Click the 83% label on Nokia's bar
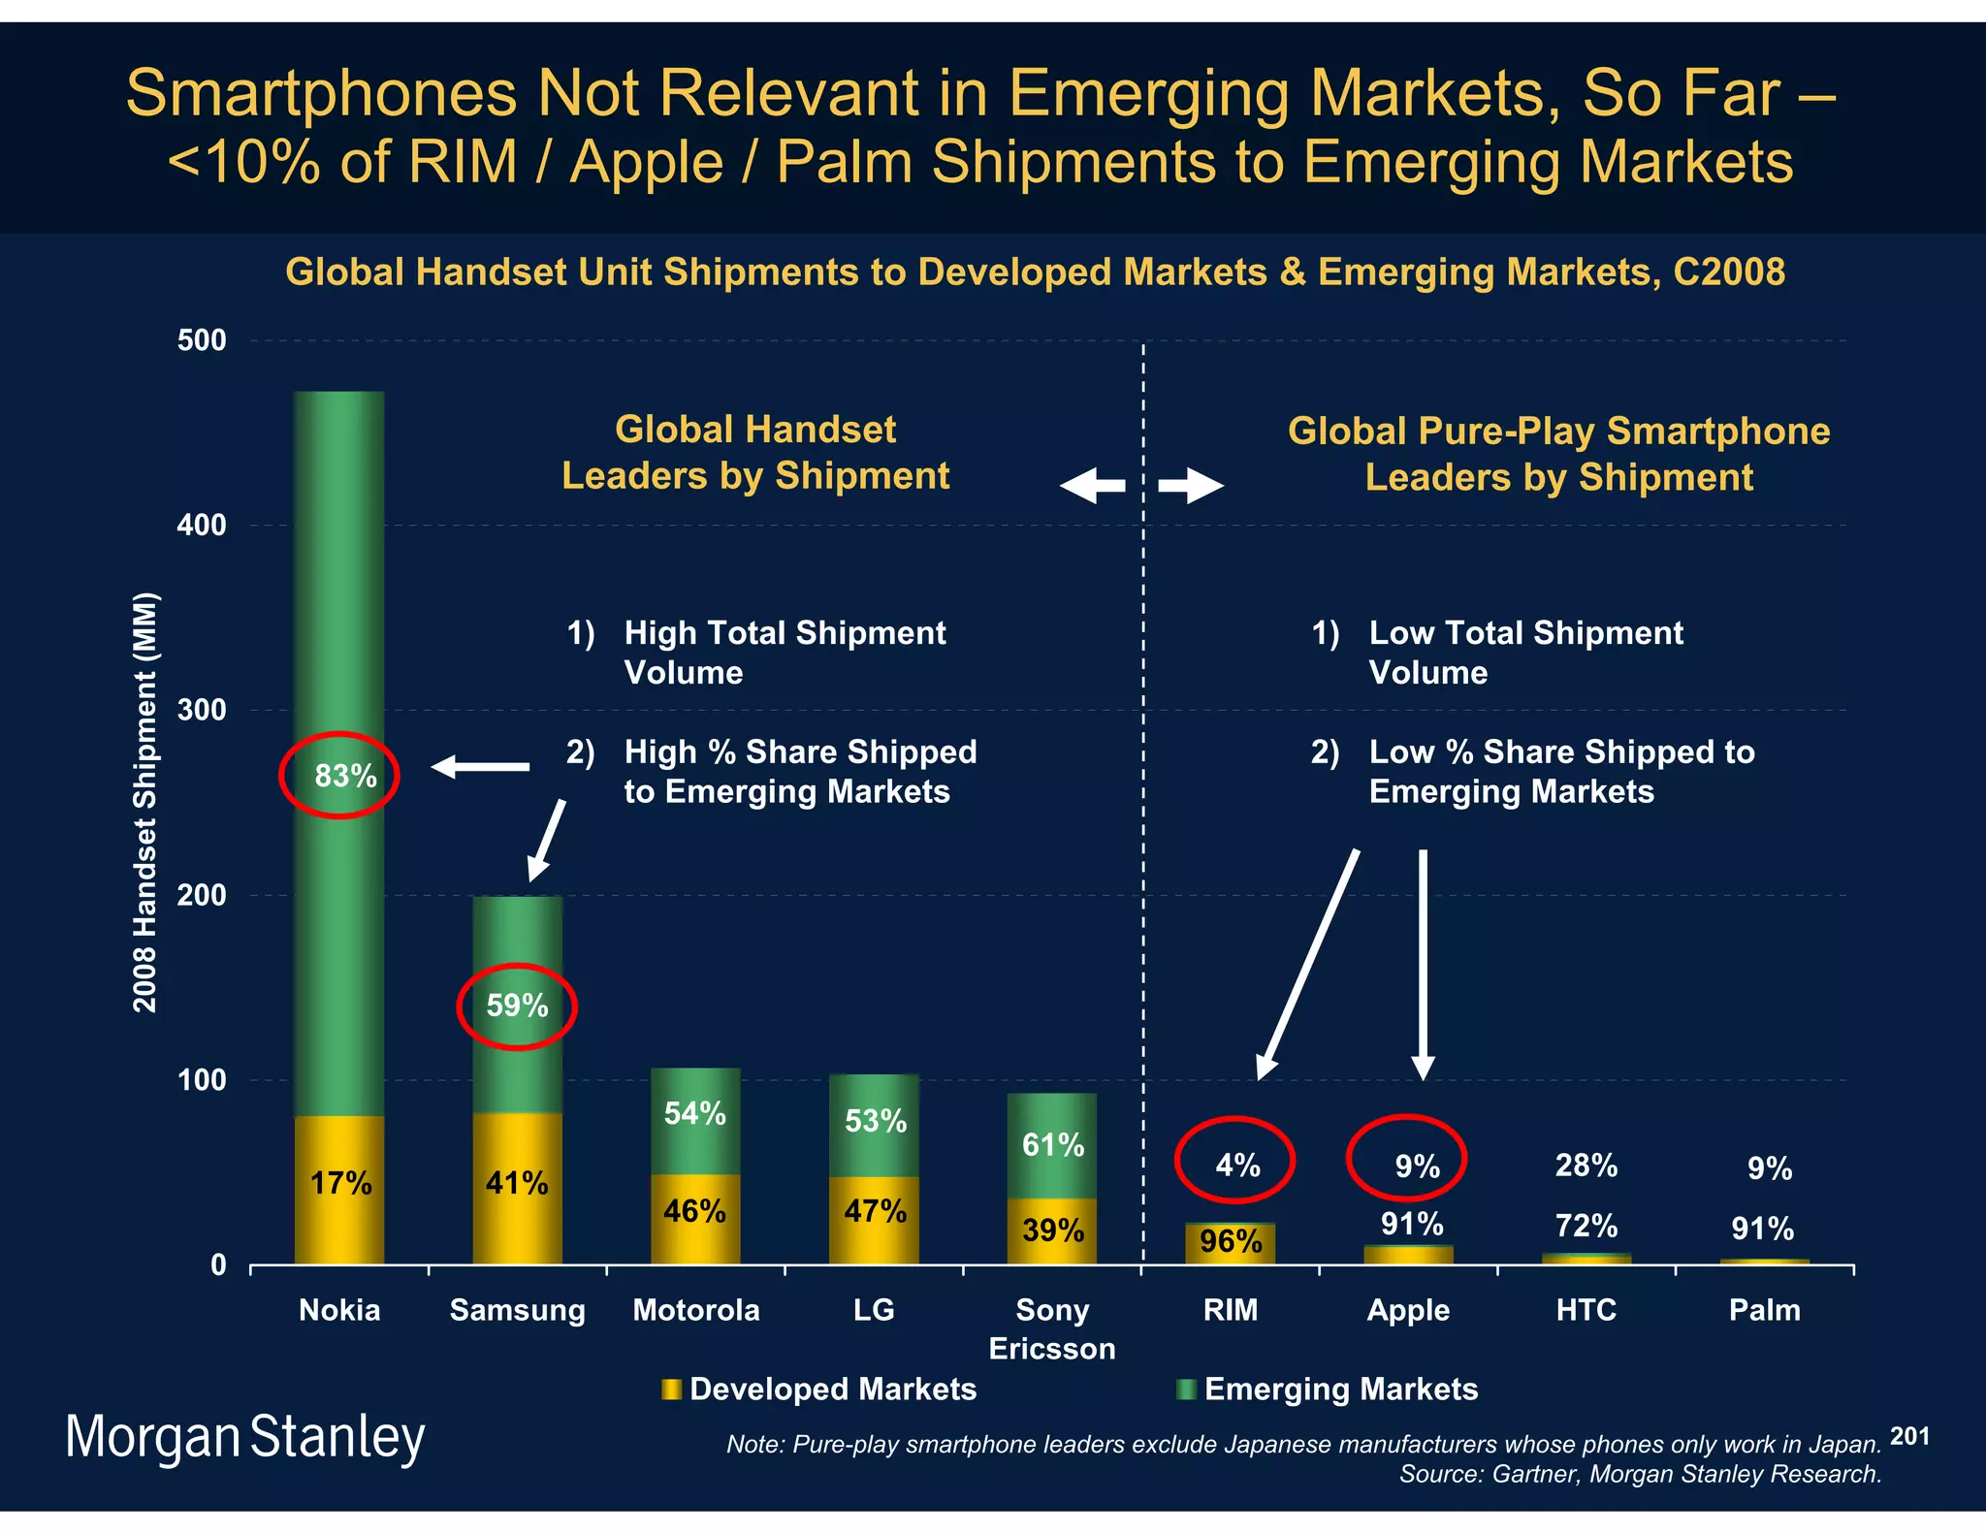tap(345, 776)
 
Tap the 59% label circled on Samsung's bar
tap(517, 1006)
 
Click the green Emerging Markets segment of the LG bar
tap(874, 1125)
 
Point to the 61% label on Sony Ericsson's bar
tap(1052, 1145)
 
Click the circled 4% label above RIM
tap(1237, 1165)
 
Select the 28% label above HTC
tap(1586, 1165)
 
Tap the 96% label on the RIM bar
tap(1231, 1241)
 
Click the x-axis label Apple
tap(1408, 1310)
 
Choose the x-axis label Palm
tap(1764, 1310)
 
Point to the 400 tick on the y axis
tap(202, 526)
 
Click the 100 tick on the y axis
tap(202, 1080)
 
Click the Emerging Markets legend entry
tap(1328, 1390)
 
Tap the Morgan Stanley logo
tap(244, 1437)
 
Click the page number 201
tap(1909, 1436)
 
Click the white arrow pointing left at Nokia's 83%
tap(480, 767)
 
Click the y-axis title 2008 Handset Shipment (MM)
tap(144, 802)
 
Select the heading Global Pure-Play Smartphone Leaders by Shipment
tap(1558, 454)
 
